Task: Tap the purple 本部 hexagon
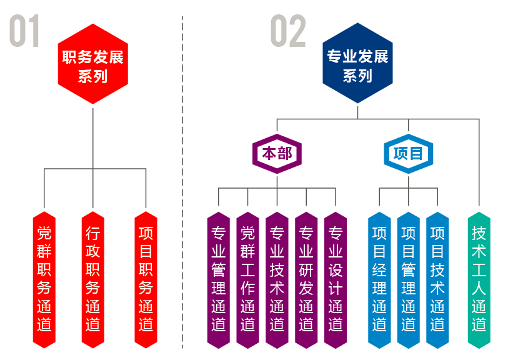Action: tap(277, 154)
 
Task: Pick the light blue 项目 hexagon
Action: tap(408, 154)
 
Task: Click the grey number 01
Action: tap(25, 31)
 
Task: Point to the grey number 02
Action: tap(289, 31)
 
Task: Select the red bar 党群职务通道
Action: tap(44, 278)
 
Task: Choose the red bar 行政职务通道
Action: tap(92, 278)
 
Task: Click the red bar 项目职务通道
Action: tap(146, 278)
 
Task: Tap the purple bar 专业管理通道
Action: tap(219, 278)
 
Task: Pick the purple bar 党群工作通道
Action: tap(247, 278)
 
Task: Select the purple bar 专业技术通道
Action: tap(277, 278)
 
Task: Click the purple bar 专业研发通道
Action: tap(306, 278)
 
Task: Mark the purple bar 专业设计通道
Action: tap(336, 278)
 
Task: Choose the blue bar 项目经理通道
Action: tap(379, 278)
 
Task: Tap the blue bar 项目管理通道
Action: tap(408, 278)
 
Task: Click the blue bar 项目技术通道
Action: tap(437, 278)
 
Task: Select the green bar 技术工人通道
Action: tap(479, 278)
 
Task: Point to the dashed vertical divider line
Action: tap(182, 187)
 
